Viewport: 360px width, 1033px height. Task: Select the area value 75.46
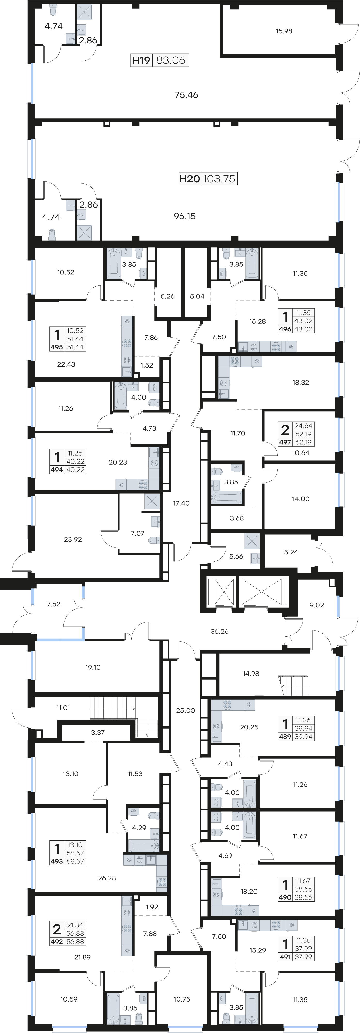pyautogui.click(x=186, y=95)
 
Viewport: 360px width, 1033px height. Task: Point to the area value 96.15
pyautogui.click(x=185, y=216)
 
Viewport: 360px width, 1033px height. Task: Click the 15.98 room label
pyautogui.click(x=284, y=31)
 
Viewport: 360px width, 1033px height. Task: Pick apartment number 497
pyautogui.click(x=285, y=442)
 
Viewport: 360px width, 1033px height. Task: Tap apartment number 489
pyautogui.click(x=285, y=737)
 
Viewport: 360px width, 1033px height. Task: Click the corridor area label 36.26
pyautogui.click(x=220, y=631)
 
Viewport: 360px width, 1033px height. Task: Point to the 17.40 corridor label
pyautogui.click(x=181, y=503)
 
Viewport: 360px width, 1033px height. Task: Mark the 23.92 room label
pyautogui.click(x=73, y=539)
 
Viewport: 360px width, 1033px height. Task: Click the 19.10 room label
pyautogui.click(x=93, y=667)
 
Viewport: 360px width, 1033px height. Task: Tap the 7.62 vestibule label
pyautogui.click(x=54, y=604)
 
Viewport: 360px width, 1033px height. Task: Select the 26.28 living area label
pyautogui.click(x=107, y=878)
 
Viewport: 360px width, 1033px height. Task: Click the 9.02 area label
pyautogui.click(x=317, y=605)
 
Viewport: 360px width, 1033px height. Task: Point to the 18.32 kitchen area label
pyautogui.click(x=301, y=383)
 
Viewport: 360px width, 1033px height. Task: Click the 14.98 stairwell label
pyautogui.click(x=251, y=674)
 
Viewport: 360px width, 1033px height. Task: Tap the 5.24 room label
pyautogui.click(x=291, y=552)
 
